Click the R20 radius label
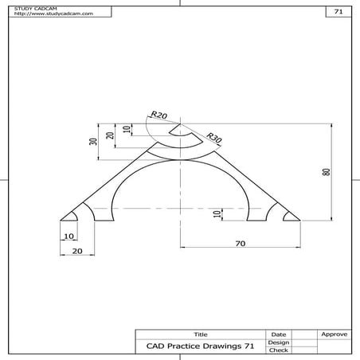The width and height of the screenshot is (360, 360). [x=158, y=115]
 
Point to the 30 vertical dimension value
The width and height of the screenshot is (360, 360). [x=93, y=141]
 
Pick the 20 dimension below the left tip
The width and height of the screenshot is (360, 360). [x=77, y=251]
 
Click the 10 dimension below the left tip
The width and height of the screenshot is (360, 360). [x=68, y=237]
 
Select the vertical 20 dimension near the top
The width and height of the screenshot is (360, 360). [x=111, y=135]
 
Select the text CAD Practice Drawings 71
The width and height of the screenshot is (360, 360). [x=200, y=346]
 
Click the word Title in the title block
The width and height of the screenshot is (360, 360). [x=200, y=334]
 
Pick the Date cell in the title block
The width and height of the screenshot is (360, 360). [x=279, y=334]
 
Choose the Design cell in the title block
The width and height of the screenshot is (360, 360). [x=279, y=342]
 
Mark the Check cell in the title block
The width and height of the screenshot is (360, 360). [x=279, y=350]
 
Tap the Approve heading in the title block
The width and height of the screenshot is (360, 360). [x=332, y=334]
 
